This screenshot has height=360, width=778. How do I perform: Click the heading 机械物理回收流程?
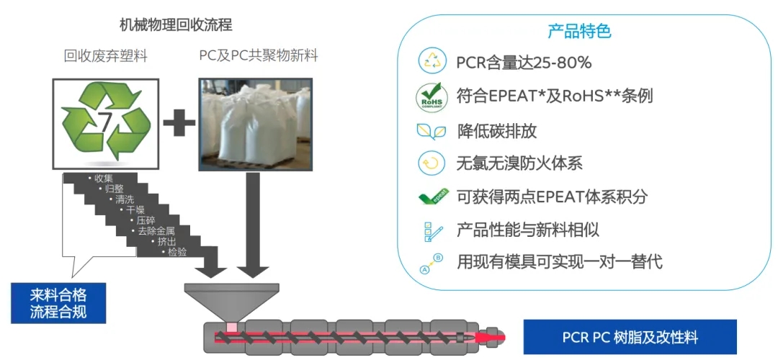click(x=176, y=25)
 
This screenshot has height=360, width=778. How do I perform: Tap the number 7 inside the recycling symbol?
click(x=105, y=123)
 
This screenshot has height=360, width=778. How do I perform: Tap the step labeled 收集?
click(x=102, y=178)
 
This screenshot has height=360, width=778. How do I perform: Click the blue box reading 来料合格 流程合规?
click(x=58, y=303)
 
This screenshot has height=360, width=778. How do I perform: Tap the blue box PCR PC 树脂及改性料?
click(x=630, y=337)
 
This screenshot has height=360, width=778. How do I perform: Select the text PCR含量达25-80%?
click(x=524, y=63)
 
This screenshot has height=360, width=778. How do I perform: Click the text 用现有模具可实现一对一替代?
click(x=560, y=262)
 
